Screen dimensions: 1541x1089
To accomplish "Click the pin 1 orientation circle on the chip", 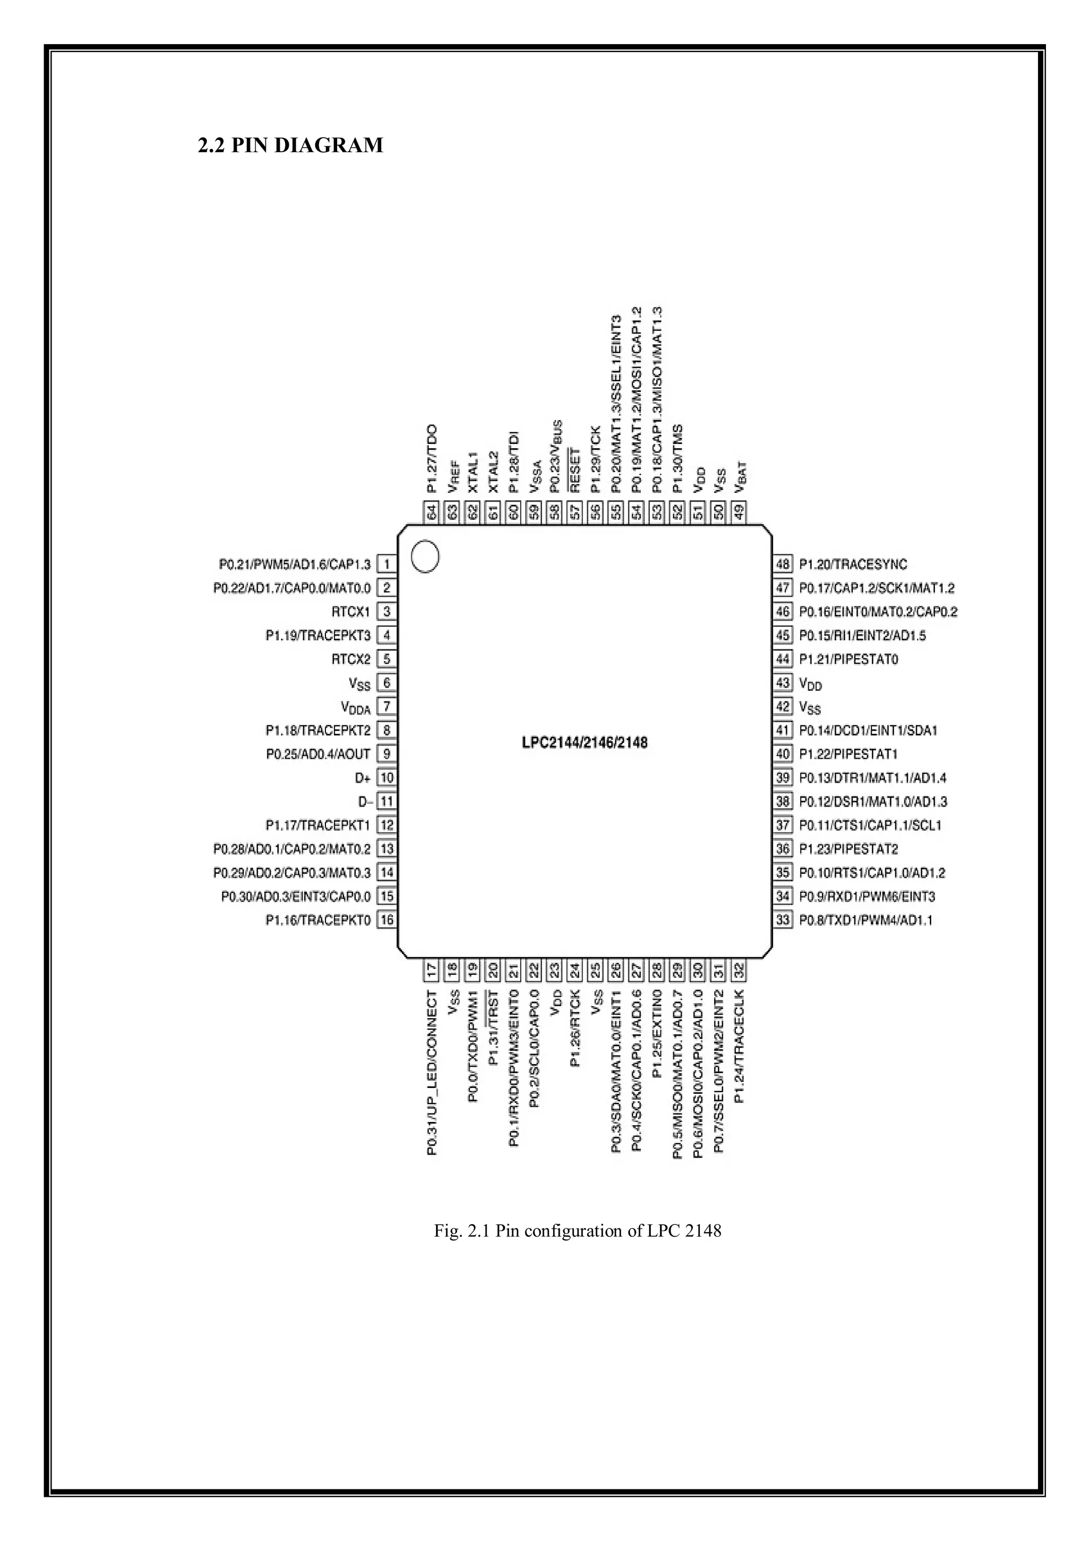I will click(x=425, y=556).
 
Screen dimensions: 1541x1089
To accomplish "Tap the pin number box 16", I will click(x=387, y=919).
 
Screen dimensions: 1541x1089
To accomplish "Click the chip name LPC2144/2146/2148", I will click(x=584, y=742).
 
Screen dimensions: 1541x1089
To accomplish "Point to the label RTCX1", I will click(x=350, y=612).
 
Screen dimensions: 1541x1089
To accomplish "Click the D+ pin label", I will click(x=363, y=778).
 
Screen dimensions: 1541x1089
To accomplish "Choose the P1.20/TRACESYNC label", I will click(x=853, y=565).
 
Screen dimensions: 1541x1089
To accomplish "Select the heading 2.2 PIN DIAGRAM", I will click(x=290, y=145).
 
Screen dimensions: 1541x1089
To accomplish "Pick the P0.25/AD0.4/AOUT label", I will click(x=318, y=753).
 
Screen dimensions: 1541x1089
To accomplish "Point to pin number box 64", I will click(x=432, y=512).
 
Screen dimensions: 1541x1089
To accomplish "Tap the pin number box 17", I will click(x=432, y=970).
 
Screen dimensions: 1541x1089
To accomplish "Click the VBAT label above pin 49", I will click(x=740, y=477).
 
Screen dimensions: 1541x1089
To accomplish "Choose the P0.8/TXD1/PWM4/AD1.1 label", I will click(x=866, y=919).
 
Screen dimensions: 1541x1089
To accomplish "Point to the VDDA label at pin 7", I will click(x=356, y=707).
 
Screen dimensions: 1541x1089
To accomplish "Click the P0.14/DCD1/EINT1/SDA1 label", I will click(x=868, y=730).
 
